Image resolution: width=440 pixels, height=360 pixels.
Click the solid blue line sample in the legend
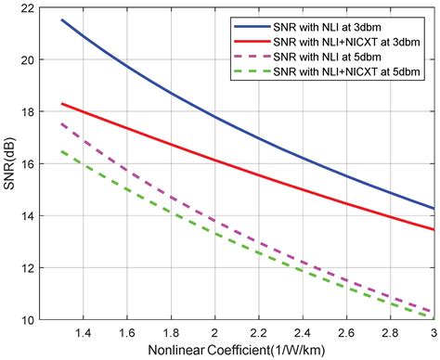[242, 24]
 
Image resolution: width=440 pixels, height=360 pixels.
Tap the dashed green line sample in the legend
[242, 77]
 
